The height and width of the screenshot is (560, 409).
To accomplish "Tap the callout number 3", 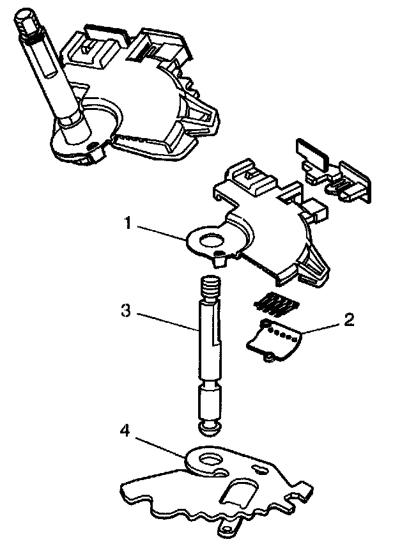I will click(126, 311).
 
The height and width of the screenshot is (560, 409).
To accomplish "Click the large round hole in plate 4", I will click(208, 460).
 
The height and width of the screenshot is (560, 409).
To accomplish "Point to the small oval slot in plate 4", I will click(261, 470).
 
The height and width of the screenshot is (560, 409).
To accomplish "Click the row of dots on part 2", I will click(283, 332).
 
